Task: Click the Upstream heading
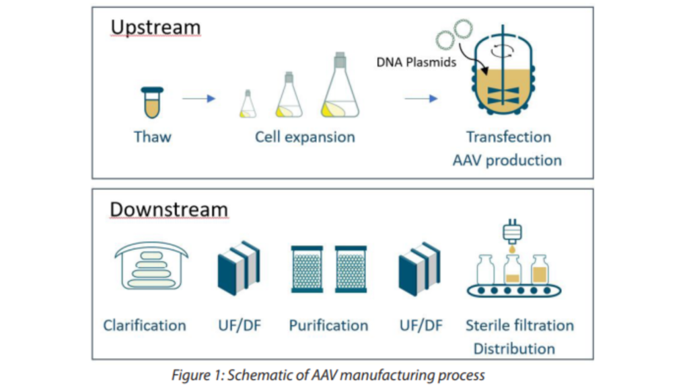tap(155, 28)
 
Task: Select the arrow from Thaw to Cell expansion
tap(198, 99)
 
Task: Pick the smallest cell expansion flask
tap(247, 105)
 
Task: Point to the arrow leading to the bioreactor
tap(421, 99)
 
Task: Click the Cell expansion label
tap(304, 137)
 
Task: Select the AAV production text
tap(514, 161)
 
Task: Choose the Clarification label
tap(144, 326)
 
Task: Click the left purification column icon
tap(309, 269)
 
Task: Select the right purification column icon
tap(351, 269)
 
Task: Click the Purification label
tap(328, 326)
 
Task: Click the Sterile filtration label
tap(519, 326)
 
